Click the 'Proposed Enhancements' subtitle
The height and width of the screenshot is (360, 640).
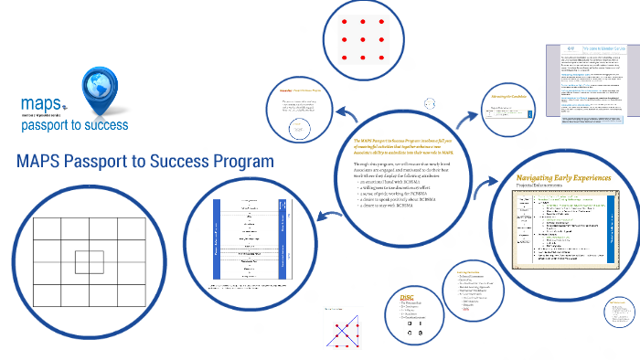[543, 186]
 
